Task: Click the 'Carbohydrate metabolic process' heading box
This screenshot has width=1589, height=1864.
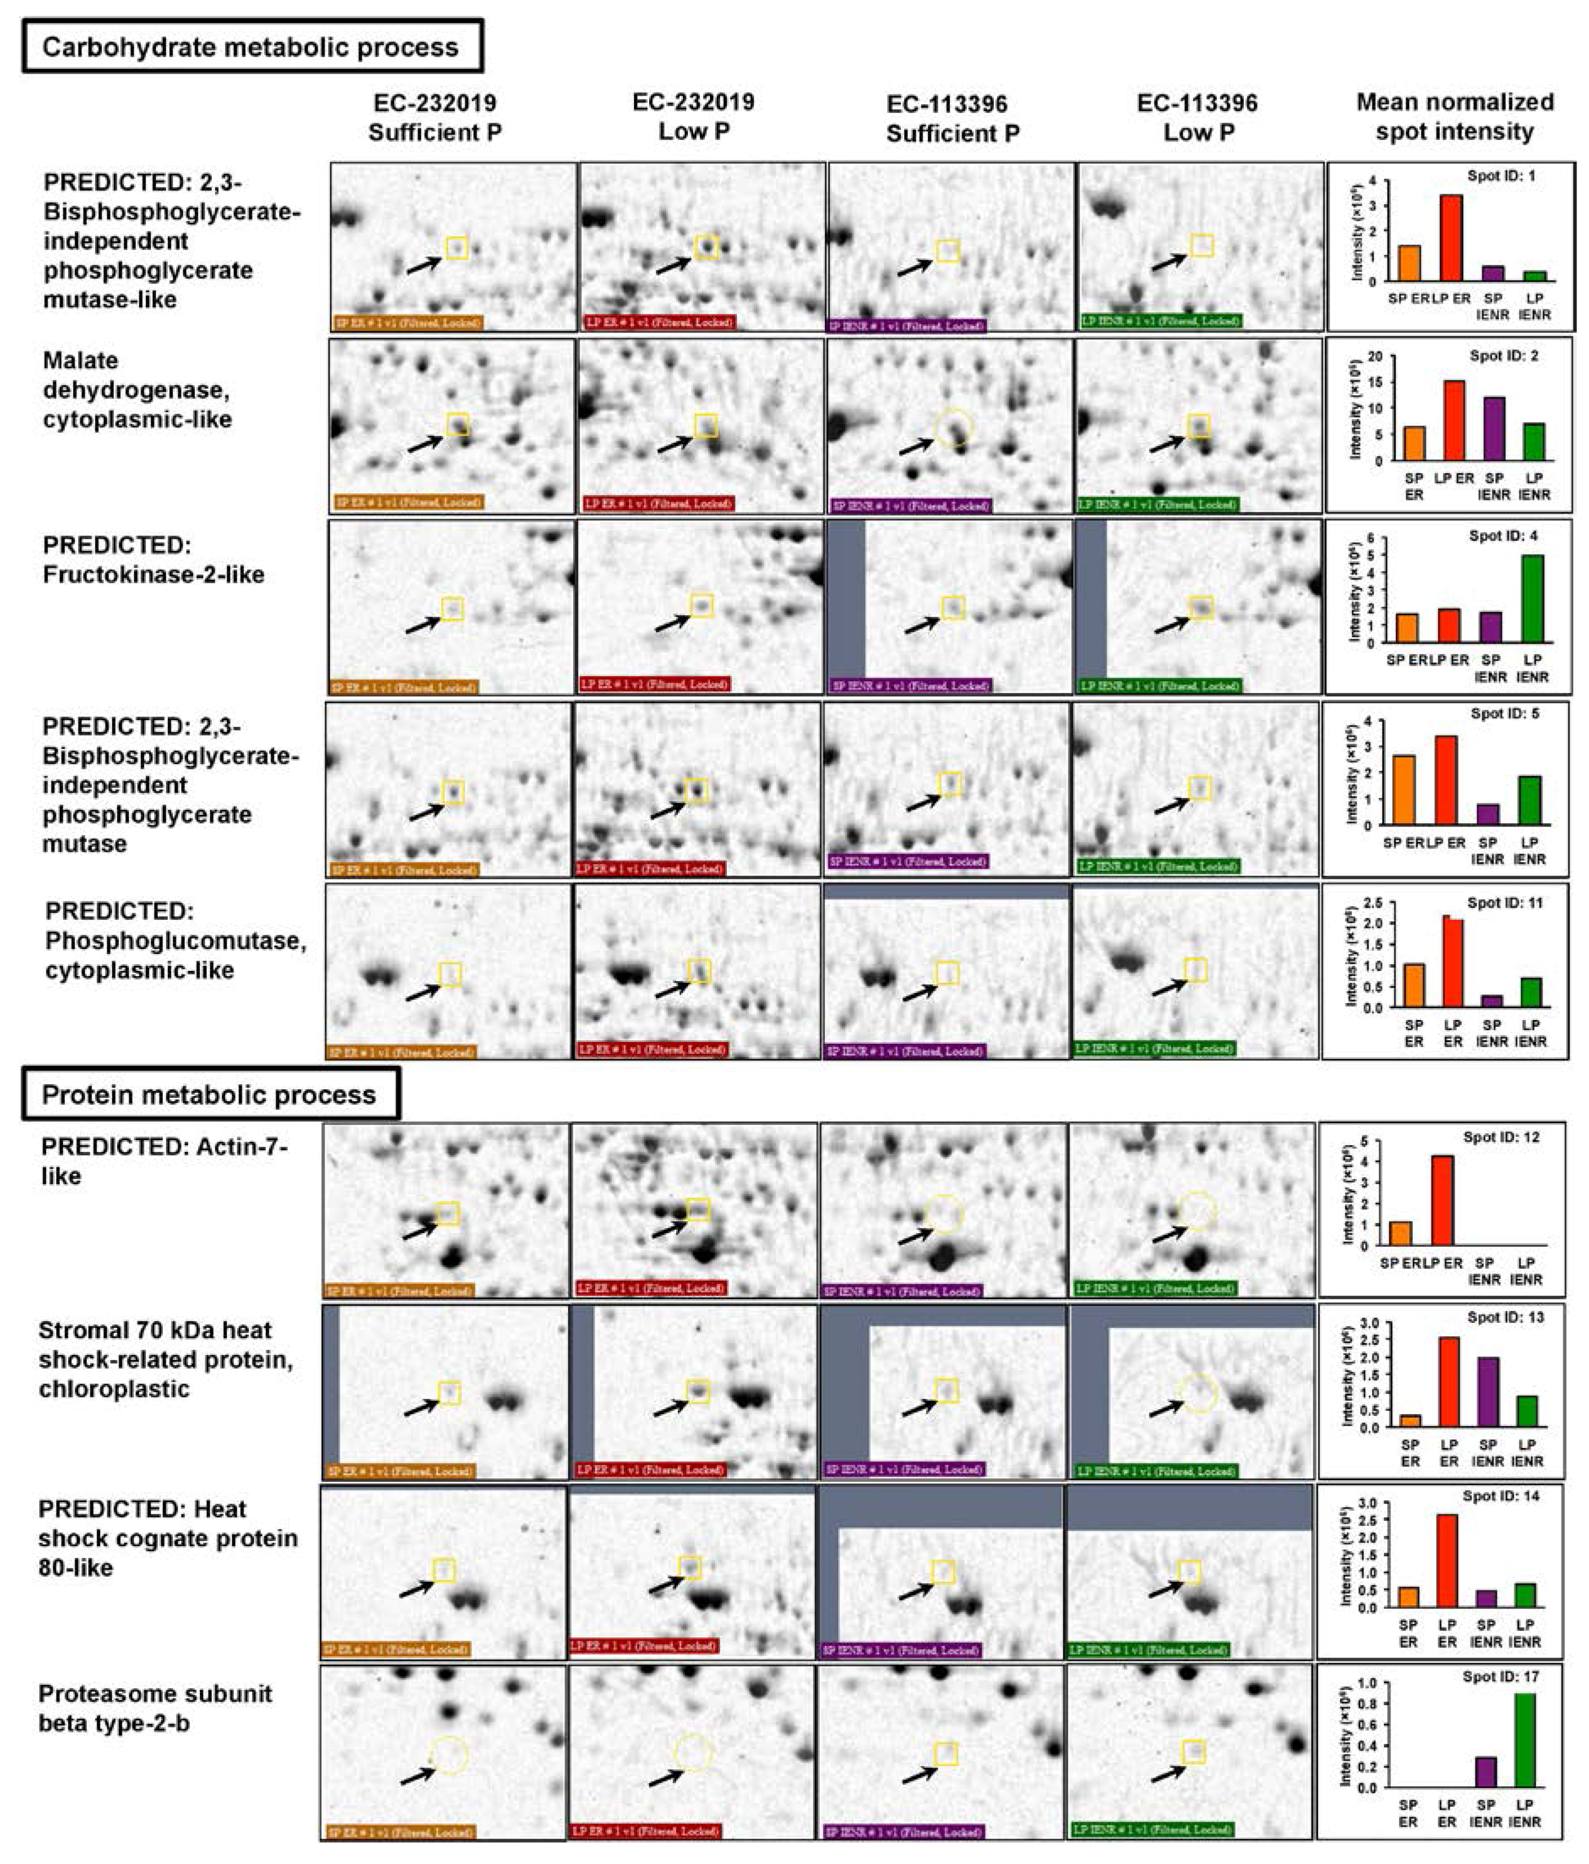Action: click(252, 47)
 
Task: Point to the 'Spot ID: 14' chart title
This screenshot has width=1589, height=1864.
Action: click(1500, 1495)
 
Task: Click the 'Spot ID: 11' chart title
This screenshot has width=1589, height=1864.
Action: click(1504, 902)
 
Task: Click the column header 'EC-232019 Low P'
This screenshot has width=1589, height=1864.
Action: click(693, 116)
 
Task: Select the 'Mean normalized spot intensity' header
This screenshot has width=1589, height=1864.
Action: click(1454, 116)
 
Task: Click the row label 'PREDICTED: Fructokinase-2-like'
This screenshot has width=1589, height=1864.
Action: click(153, 559)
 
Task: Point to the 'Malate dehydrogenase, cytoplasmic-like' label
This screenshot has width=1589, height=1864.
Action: click(137, 390)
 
